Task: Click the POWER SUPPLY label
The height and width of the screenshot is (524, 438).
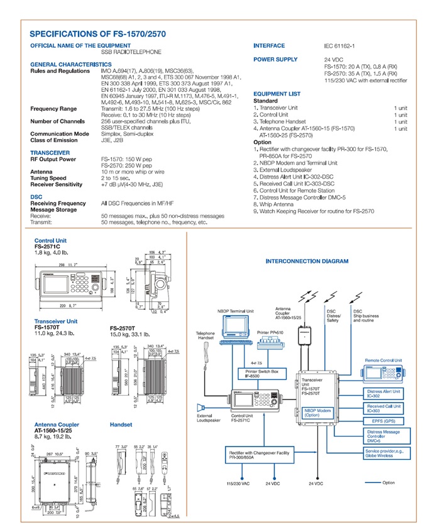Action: click(275, 59)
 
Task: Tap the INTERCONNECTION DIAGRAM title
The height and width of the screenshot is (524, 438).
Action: click(307, 261)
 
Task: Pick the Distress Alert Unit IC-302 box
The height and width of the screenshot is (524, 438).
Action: click(383, 394)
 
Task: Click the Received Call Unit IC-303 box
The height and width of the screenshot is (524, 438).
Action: click(383, 408)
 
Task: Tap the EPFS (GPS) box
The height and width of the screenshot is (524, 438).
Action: click(385, 421)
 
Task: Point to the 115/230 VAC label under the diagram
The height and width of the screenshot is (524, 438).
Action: click(238, 484)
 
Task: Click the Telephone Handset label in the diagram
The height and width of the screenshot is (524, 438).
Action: click(205, 336)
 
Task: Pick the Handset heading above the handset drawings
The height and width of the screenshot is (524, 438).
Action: click(121, 425)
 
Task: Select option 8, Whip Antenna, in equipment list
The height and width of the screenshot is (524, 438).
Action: click(274, 204)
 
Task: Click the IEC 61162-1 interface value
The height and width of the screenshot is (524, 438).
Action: click(339, 46)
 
